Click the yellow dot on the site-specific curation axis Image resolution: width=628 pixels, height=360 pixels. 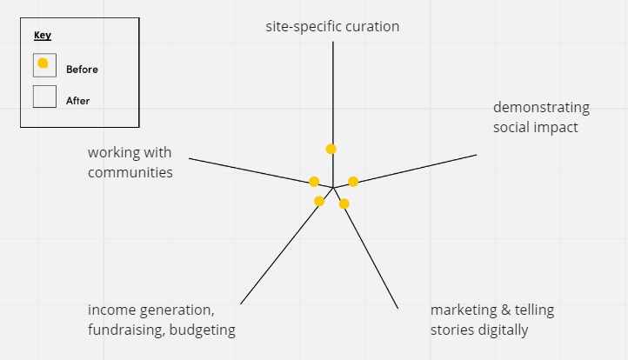(x=331, y=149)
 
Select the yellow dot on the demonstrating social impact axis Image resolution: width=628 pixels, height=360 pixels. (x=353, y=182)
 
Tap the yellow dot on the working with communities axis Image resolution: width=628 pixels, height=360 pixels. (x=314, y=182)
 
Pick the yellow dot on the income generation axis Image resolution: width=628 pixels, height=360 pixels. (x=319, y=201)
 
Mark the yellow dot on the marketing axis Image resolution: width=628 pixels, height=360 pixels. (x=344, y=203)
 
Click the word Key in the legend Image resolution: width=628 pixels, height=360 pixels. (x=42, y=36)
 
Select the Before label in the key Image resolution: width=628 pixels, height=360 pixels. (x=82, y=69)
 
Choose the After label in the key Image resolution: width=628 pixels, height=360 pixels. (x=77, y=101)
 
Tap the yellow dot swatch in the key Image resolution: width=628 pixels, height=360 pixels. (x=43, y=63)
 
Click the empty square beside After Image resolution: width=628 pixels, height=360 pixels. (x=44, y=97)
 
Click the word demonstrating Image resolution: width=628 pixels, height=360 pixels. (x=541, y=108)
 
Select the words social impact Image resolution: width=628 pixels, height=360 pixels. (x=535, y=128)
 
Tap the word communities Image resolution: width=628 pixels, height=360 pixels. (x=130, y=172)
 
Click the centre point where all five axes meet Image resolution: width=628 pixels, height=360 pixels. (x=334, y=187)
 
